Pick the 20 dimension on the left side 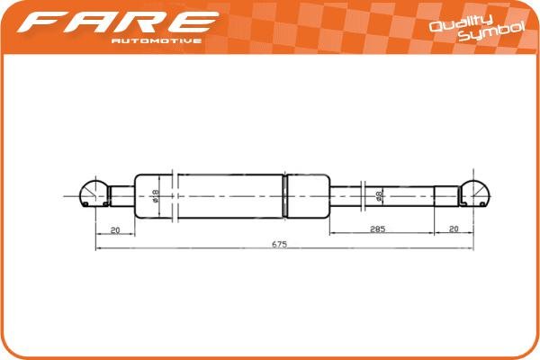point(115,230)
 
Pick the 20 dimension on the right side point(454,230)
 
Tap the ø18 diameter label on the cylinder point(155,193)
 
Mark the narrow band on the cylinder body point(286,193)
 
